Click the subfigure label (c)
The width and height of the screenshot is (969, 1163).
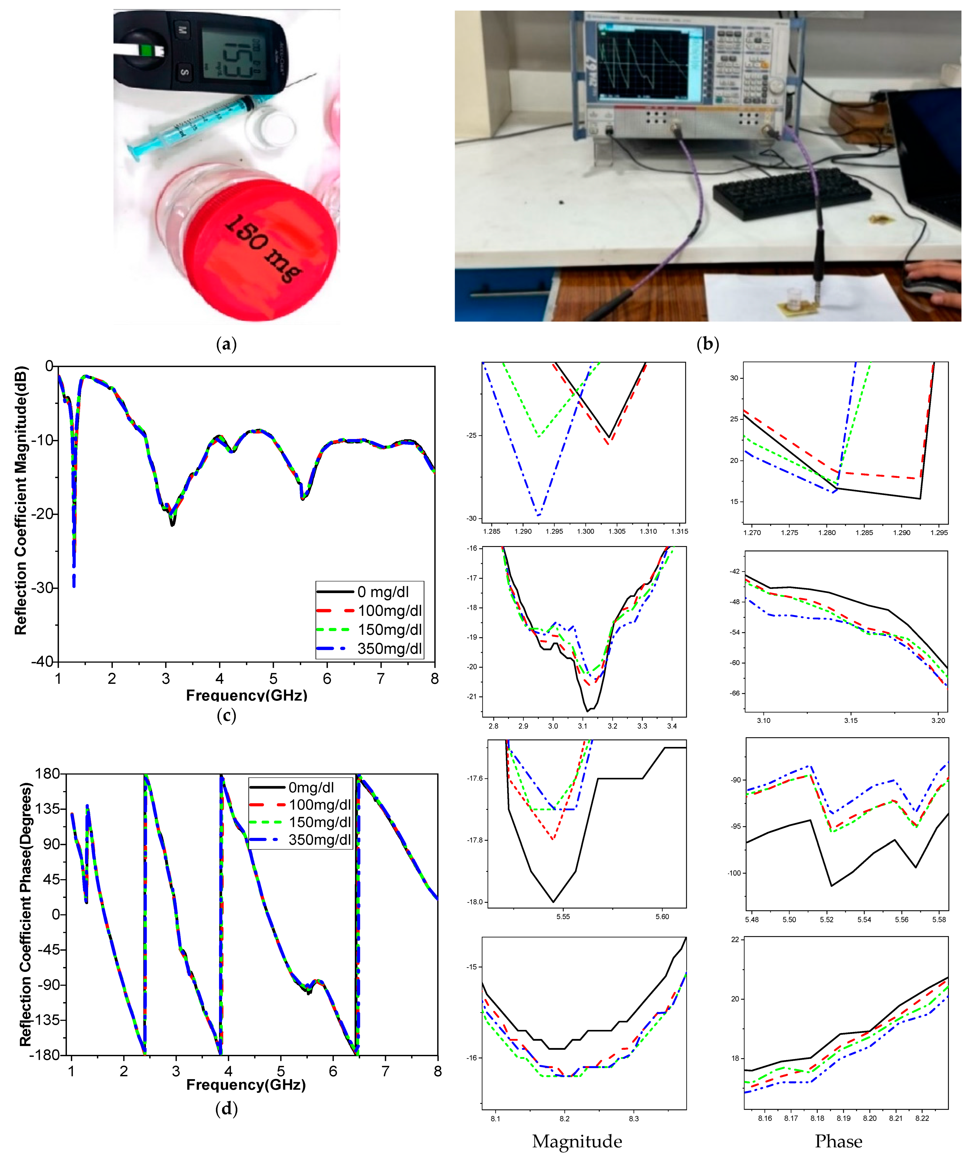[x=226, y=716]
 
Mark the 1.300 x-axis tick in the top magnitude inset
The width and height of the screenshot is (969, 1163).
[x=585, y=531]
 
